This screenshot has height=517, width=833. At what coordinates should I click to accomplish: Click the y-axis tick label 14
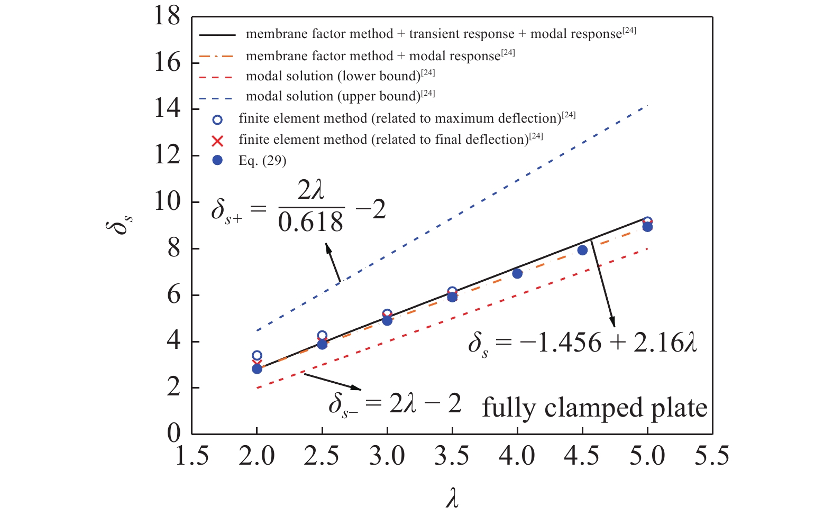pyautogui.click(x=167, y=109)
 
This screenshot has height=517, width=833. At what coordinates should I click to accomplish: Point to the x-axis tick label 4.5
pyautogui.click(x=582, y=456)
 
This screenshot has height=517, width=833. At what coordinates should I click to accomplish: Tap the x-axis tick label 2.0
pyautogui.click(x=257, y=456)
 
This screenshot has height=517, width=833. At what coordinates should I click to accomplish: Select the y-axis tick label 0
pyautogui.click(x=174, y=433)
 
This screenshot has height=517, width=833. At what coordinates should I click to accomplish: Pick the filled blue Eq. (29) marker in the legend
pyautogui.click(x=217, y=160)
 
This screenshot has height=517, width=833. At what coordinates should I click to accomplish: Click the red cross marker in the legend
pyautogui.click(x=217, y=141)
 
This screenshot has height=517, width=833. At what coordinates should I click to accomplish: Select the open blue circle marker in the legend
pyautogui.click(x=217, y=119)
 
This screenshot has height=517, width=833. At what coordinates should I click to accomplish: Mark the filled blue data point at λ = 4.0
pyautogui.click(x=517, y=273)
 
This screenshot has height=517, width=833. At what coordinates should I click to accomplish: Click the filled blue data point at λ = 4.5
pyautogui.click(x=582, y=250)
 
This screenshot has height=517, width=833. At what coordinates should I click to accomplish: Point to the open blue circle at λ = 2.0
pyautogui.click(x=257, y=356)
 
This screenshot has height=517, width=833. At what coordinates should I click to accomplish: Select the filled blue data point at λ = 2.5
pyautogui.click(x=322, y=344)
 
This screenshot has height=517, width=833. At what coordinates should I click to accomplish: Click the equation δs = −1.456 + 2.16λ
pyautogui.click(x=582, y=344)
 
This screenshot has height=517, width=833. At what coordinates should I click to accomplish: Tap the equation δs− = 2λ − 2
pyautogui.click(x=395, y=405)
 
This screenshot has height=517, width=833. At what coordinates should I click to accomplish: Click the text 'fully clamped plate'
pyautogui.click(x=594, y=408)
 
